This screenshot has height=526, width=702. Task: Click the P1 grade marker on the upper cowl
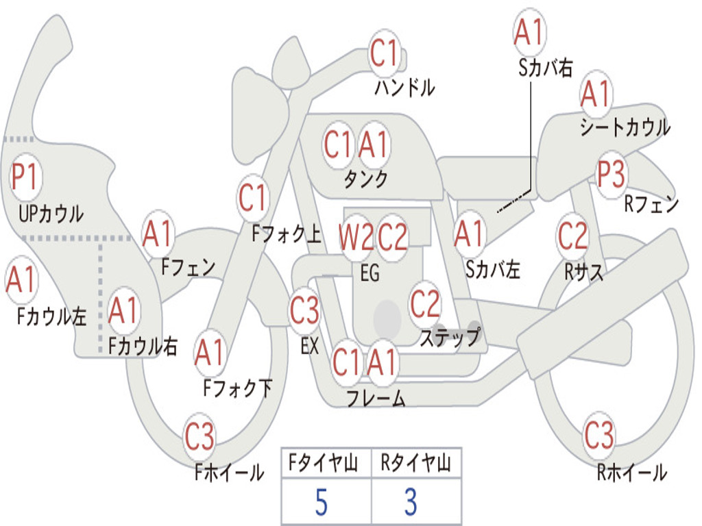(25, 177)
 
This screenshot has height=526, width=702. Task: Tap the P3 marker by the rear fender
(611, 174)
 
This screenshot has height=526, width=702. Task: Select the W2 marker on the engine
(356, 237)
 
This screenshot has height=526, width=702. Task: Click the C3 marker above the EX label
(304, 310)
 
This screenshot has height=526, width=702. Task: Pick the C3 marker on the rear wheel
(599, 434)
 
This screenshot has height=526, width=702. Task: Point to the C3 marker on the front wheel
(199, 436)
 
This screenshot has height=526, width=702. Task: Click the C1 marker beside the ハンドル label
(384, 52)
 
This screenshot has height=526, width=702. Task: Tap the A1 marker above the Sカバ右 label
(529, 32)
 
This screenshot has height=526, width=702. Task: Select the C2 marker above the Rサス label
(572, 236)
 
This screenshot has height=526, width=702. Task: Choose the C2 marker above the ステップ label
(425, 304)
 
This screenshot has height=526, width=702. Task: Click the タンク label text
(366, 179)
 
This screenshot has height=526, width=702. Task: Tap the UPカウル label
(51, 214)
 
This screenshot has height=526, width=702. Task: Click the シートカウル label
(625, 127)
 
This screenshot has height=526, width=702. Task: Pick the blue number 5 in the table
(321, 502)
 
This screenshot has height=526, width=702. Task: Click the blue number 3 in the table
(411, 502)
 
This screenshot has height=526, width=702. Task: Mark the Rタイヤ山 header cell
(416, 463)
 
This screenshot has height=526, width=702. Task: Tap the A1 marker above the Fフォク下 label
(210, 352)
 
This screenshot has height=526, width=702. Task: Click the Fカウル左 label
(51, 316)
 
